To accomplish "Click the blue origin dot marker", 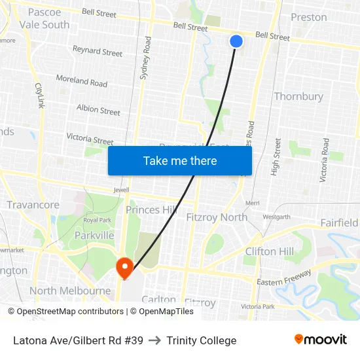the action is pos(237,41).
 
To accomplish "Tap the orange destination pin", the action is pos(124,268).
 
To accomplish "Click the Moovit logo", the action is pos(321,340).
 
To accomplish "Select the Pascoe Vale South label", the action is pos(45,18).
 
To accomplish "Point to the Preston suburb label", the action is pos(308,17).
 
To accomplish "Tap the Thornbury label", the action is pos(298,96).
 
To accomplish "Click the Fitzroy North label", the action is pos(217,217).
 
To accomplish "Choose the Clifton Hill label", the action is pos(269,251).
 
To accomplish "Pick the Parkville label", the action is pos(94,236).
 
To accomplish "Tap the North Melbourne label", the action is pos(70,291).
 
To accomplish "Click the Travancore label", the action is pos(33,205).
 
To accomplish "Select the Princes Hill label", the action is pos(151,210).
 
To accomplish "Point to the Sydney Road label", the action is pos(146,58).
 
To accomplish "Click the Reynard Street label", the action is pos(98,51).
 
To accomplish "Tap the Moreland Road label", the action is pos(82,81).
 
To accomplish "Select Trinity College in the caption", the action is pos(201,340).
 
